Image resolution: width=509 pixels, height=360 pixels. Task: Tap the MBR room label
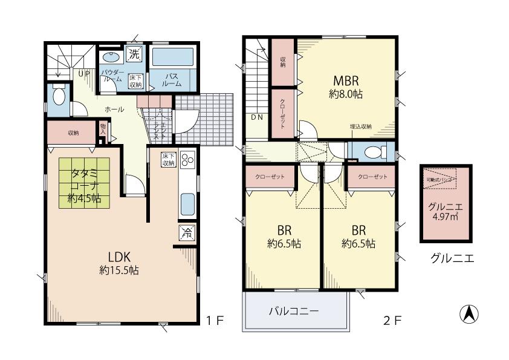point(345,81)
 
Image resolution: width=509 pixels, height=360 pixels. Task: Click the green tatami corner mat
point(83,183)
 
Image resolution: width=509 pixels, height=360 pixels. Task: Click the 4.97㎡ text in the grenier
point(445,216)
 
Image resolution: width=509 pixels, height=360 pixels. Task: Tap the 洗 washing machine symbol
point(135,53)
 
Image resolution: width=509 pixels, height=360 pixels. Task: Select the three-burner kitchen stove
point(187,162)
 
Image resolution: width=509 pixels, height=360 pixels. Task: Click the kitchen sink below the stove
point(187,203)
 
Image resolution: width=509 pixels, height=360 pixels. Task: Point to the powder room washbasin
point(111,57)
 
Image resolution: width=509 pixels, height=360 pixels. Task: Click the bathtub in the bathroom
point(172,57)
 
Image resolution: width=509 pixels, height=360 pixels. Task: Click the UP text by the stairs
point(84,73)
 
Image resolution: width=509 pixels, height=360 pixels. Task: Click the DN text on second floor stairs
point(256,117)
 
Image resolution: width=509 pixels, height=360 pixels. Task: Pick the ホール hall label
point(114,110)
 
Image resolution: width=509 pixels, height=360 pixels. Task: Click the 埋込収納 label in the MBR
point(361,126)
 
